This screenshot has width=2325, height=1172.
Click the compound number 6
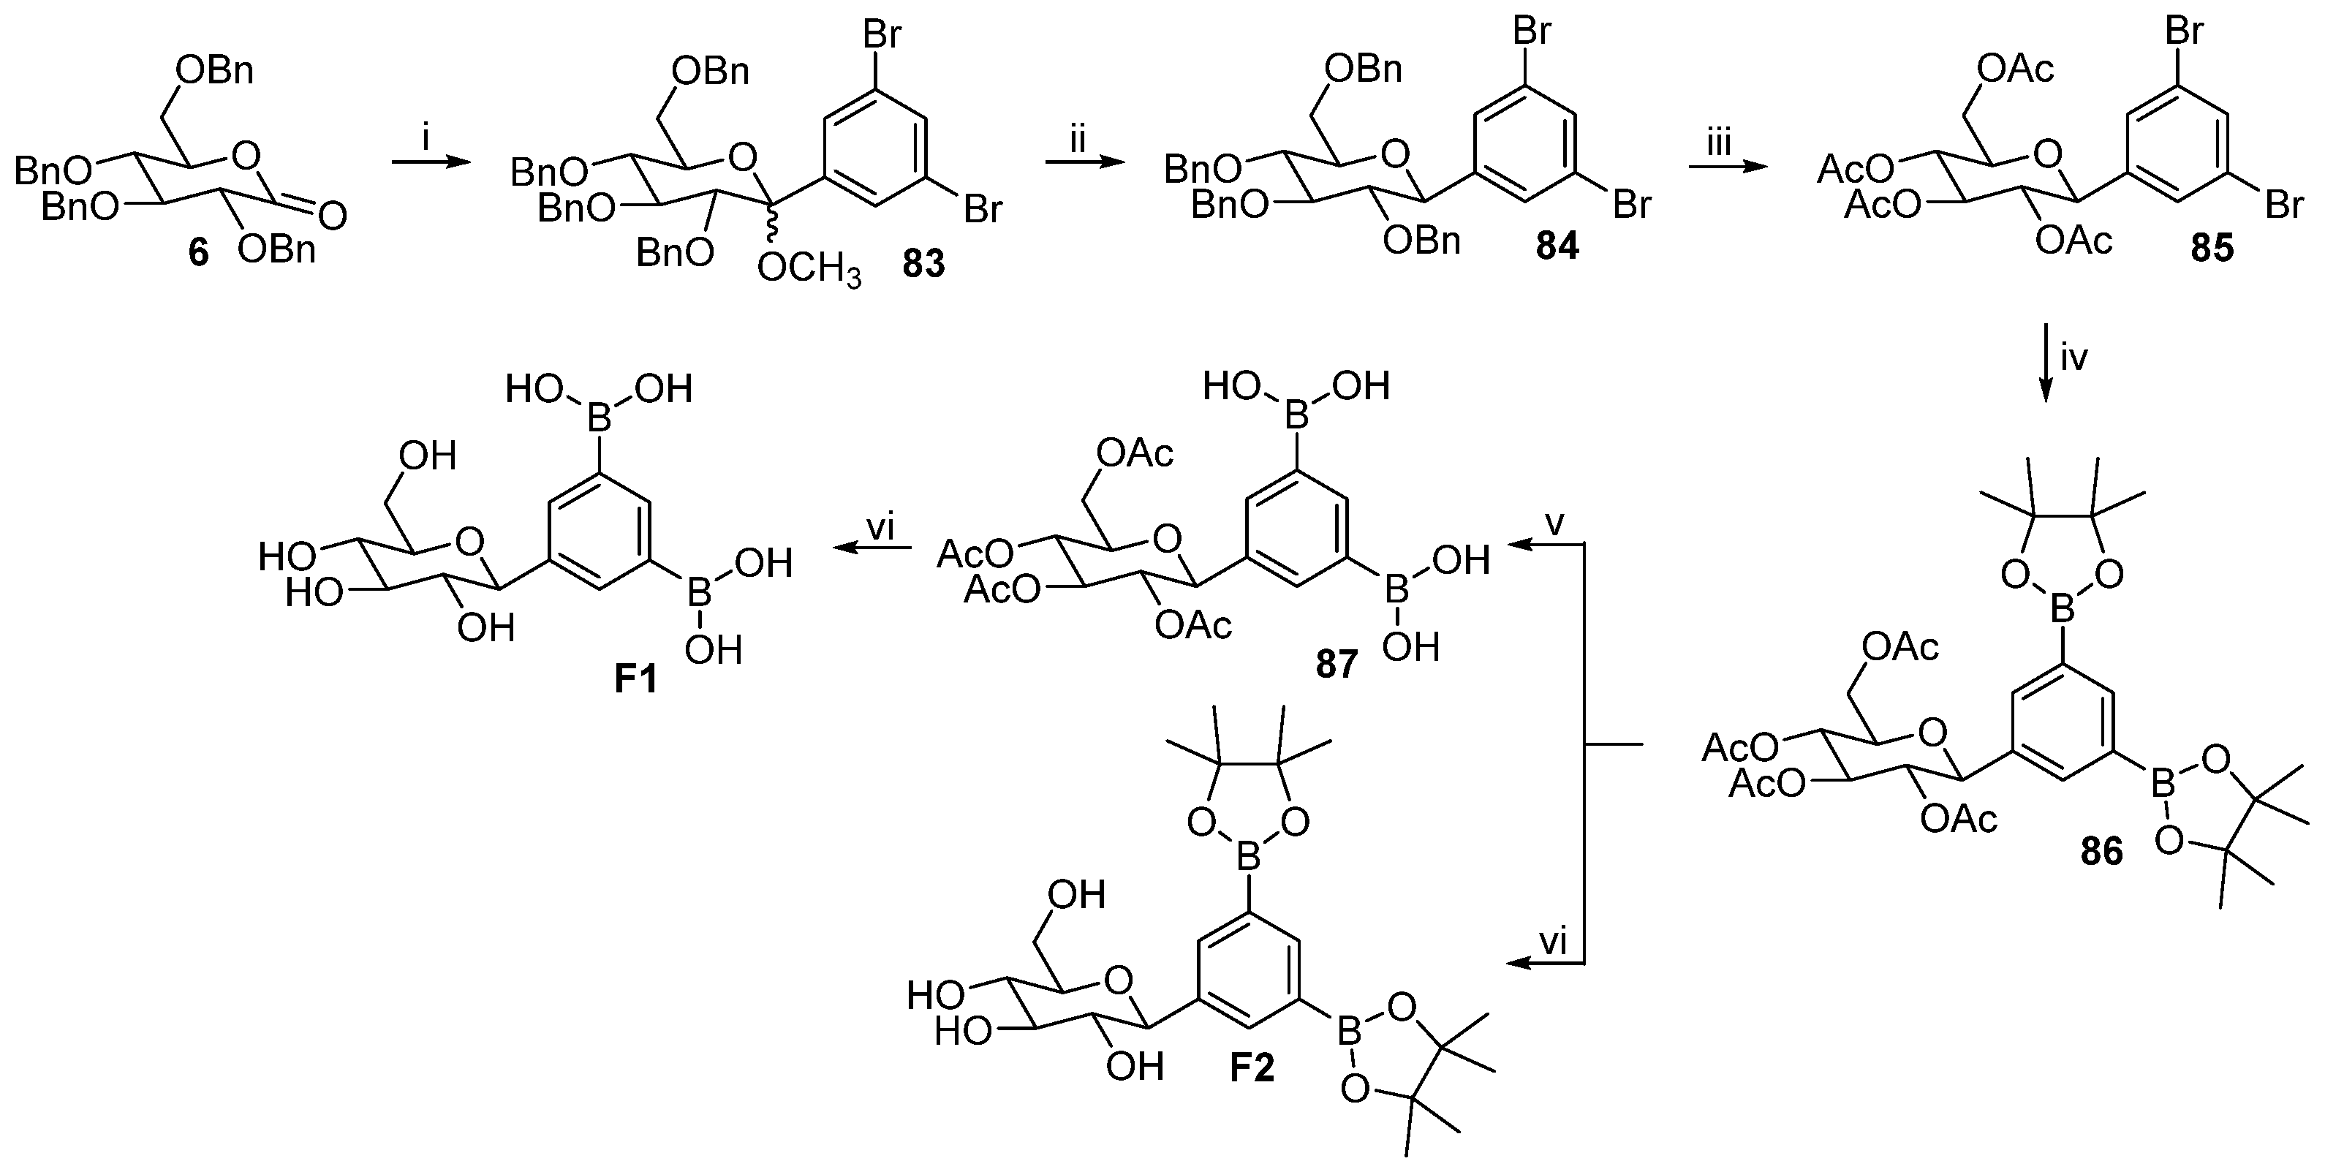(x=197, y=254)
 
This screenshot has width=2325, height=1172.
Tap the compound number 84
(x=1558, y=246)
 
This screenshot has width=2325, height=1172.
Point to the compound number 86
(x=2101, y=851)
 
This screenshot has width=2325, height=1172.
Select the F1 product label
(x=635, y=679)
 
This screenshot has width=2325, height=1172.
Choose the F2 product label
(x=1252, y=1068)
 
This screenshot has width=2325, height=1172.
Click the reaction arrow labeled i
(x=431, y=163)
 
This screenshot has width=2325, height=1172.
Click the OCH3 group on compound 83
(x=809, y=268)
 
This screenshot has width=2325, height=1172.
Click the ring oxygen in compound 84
(x=1395, y=155)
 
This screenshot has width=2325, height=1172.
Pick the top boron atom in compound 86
(x=2063, y=613)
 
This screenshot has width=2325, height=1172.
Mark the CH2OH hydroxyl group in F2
(x=1077, y=894)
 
